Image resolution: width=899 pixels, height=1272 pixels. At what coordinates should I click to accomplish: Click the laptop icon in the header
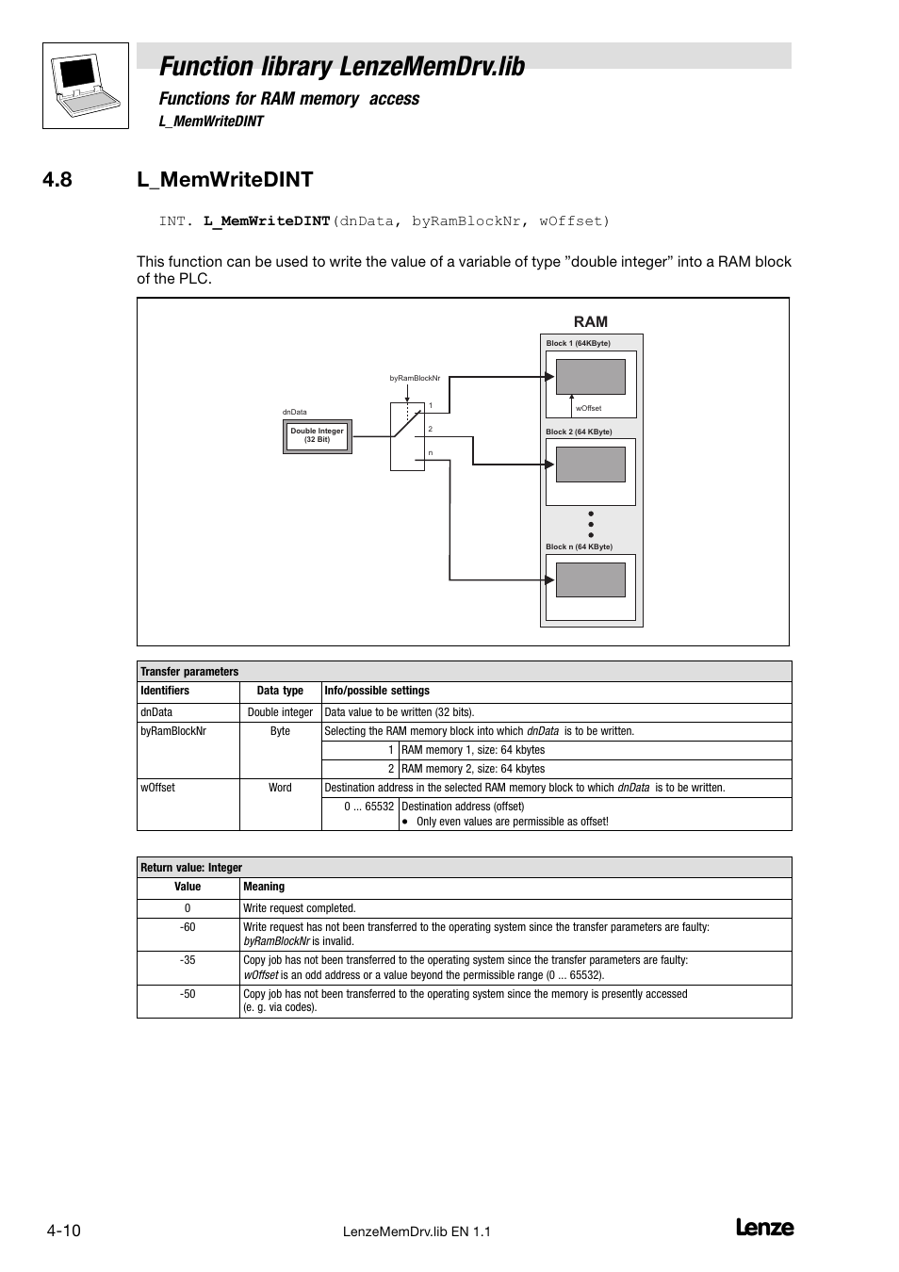[x=85, y=85]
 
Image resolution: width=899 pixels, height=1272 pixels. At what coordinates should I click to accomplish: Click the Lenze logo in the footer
[x=764, y=1228]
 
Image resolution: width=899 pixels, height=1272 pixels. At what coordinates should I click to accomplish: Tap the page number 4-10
[x=63, y=1231]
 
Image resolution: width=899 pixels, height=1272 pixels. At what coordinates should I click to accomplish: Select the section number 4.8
[x=57, y=180]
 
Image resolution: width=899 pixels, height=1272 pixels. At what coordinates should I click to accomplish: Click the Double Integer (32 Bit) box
[x=318, y=436]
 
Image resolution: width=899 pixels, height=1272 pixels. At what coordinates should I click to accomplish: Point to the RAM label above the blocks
[x=591, y=322]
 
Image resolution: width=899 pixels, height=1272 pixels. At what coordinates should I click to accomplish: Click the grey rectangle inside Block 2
[x=591, y=465]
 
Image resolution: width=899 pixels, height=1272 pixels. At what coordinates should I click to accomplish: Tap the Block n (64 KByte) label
[x=579, y=546]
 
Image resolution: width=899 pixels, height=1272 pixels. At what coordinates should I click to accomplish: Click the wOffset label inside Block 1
[x=589, y=409]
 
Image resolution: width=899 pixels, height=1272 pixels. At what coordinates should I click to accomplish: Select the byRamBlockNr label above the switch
[x=415, y=378]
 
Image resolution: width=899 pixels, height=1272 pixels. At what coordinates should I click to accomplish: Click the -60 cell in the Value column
[x=188, y=927]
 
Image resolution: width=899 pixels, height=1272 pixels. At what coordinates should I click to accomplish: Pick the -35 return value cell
[x=188, y=960]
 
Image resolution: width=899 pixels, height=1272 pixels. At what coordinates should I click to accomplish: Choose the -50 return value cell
[x=188, y=994]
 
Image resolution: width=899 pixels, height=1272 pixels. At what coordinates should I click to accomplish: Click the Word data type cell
[x=280, y=788]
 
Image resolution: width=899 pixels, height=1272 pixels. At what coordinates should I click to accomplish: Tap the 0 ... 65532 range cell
[x=368, y=807]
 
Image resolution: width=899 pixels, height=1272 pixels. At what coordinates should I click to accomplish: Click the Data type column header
[x=280, y=691]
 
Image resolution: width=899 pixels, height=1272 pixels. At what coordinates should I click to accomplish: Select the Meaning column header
[x=264, y=887]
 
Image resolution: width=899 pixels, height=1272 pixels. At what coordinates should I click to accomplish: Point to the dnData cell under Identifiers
[x=156, y=712]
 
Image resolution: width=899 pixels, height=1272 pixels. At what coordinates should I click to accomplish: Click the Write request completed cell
[x=300, y=908]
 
